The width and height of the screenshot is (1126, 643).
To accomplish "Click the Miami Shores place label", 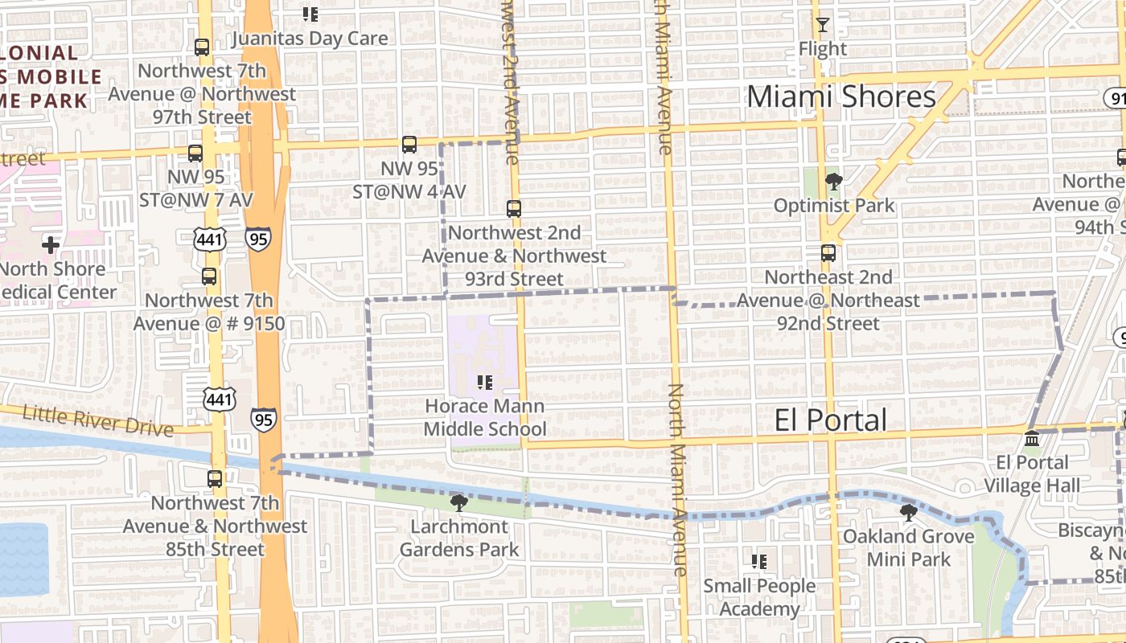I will click(x=841, y=96).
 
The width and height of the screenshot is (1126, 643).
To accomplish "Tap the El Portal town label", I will click(x=831, y=420).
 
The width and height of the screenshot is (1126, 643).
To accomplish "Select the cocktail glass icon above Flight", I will click(x=822, y=25).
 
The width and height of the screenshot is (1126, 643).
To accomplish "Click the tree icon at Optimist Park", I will click(x=833, y=182).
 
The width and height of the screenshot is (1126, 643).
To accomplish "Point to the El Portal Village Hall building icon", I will click(x=1032, y=439).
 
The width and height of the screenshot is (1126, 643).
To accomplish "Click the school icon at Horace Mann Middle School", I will click(x=484, y=382).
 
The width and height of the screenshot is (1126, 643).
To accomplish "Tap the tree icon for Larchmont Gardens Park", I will click(x=459, y=503).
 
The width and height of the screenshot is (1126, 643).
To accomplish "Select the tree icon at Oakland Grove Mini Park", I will click(x=908, y=512).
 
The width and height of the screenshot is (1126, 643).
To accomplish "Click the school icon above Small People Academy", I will click(x=758, y=562).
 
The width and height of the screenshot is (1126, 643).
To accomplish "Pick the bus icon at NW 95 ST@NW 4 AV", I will click(x=409, y=145).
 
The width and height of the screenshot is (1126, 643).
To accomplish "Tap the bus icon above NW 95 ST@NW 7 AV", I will click(x=195, y=153).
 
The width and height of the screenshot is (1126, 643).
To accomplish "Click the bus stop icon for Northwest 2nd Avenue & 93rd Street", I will click(x=514, y=209).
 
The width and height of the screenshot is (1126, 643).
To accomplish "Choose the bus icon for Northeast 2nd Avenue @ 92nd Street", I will click(x=828, y=253).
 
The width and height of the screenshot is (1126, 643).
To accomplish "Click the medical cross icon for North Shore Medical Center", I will click(x=51, y=244).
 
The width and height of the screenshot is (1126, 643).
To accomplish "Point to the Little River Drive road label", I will click(x=97, y=420).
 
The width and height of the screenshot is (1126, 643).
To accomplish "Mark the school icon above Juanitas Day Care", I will click(x=310, y=14).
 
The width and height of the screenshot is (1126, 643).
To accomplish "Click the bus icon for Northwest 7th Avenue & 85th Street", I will click(x=215, y=479).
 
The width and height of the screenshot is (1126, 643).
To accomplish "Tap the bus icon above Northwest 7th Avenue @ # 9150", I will click(x=209, y=276).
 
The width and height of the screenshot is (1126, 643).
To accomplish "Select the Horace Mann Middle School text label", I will click(x=484, y=417).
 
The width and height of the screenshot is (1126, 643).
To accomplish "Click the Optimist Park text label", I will click(x=833, y=206).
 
